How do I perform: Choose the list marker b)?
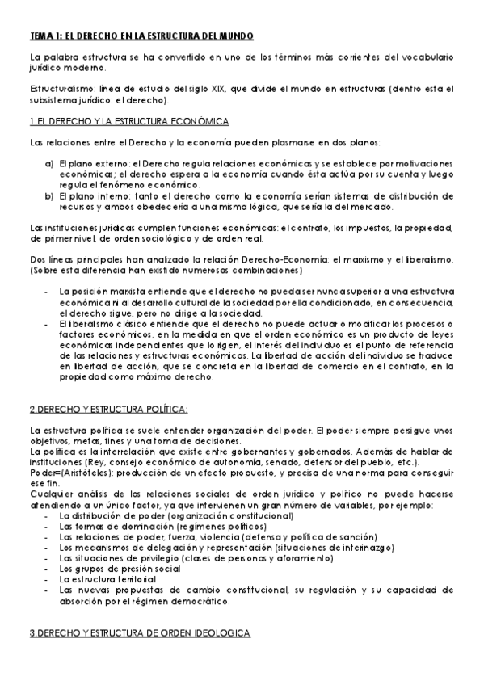[48, 195]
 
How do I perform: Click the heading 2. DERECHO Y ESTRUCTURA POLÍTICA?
[109, 407]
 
